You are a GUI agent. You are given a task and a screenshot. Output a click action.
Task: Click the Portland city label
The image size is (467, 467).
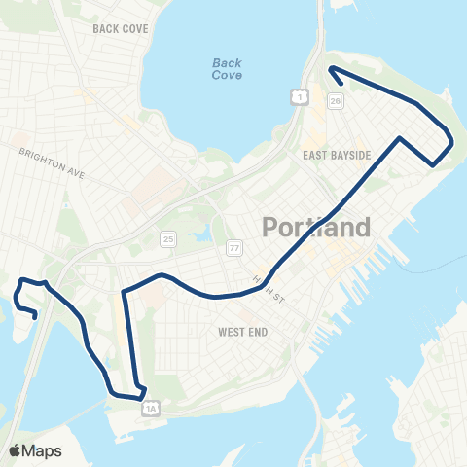[x=316, y=229]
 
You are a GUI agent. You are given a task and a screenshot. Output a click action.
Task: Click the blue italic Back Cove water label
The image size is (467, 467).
[x=227, y=69]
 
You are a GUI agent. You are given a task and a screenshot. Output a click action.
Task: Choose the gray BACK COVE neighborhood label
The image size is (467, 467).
[x=121, y=29]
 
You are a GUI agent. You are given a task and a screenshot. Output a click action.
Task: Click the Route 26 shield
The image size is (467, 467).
[x=336, y=100]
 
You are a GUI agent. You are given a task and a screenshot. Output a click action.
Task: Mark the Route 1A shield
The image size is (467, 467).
[x=149, y=410]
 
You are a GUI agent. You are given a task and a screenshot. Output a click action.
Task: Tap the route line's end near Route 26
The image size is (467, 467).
[x=331, y=68]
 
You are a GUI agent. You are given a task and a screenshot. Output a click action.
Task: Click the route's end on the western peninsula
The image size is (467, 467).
[x=36, y=315]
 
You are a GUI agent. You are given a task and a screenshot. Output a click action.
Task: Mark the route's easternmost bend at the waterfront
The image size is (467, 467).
[x=452, y=144]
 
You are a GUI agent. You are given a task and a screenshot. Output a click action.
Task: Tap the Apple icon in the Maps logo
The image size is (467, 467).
[x=15, y=449]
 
